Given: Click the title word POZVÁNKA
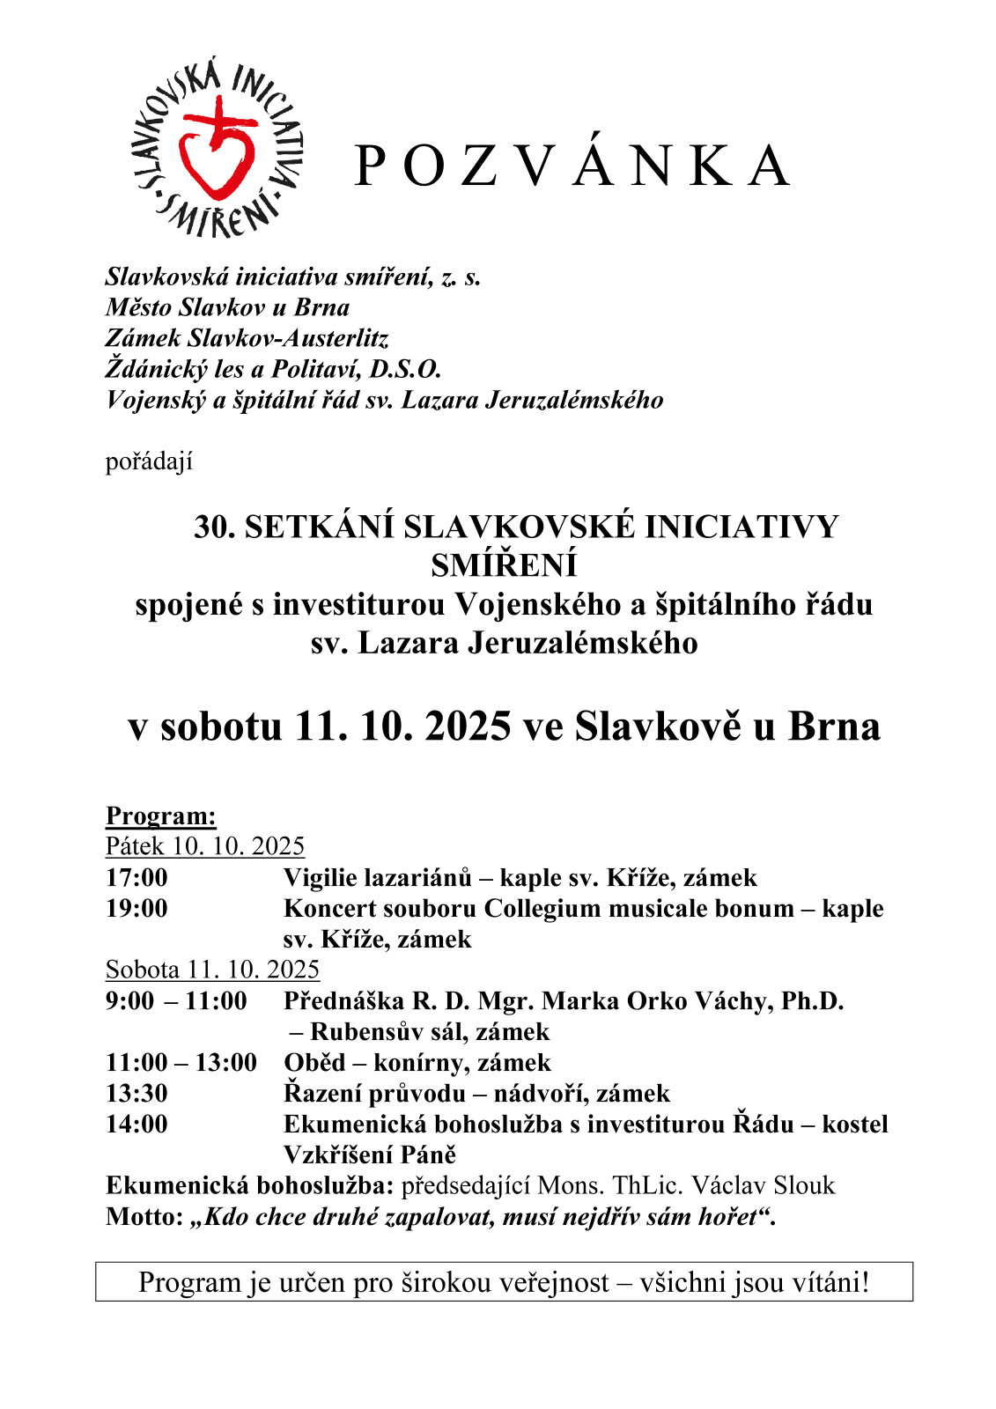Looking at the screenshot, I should click(x=572, y=166).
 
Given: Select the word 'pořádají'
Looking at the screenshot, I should click(x=149, y=461).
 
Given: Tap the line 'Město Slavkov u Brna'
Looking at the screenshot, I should click(x=227, y=307).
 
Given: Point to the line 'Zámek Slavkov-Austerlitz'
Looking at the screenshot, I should click(x=247, y=338).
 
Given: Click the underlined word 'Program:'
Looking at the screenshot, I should click(x=160, y=815).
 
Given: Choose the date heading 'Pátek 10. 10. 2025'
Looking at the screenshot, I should click(x=204, y=846).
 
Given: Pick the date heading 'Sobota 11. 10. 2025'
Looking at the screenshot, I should click(x=212, y=970).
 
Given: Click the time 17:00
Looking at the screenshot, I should click(x=136, y=877).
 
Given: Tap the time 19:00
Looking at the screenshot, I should click(x=136, y=908).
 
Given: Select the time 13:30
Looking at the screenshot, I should click(x=136, y=1093).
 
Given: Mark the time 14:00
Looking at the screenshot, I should click(x=136, y=1124).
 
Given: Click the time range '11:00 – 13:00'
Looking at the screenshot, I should click(x=181, y=1062).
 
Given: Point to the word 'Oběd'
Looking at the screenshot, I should click(x=314, y=1062).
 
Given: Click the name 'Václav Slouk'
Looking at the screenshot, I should click(x=763, y=1185).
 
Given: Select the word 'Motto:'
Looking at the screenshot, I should click(x=144, y=1216).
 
